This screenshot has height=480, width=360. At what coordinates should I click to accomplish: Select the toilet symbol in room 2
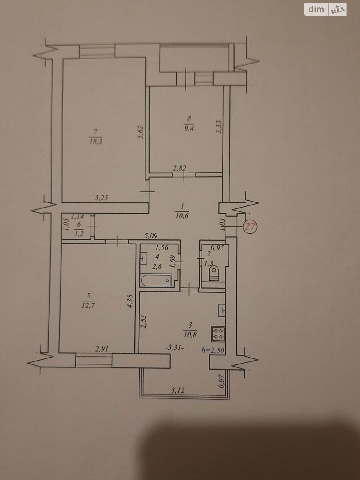(214, 273)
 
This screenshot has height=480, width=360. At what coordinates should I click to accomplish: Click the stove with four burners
(218, 334)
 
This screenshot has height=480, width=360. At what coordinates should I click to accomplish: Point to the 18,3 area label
(96, 141)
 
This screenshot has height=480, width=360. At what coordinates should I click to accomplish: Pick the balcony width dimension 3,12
(178, 390)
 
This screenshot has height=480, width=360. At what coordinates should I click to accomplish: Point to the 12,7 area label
(88, 306)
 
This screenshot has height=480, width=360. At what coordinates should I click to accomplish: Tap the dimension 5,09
(151, 236)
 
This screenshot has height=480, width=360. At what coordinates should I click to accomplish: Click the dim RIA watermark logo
(325, 10)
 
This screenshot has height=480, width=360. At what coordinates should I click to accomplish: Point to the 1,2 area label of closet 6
(79, 234)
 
